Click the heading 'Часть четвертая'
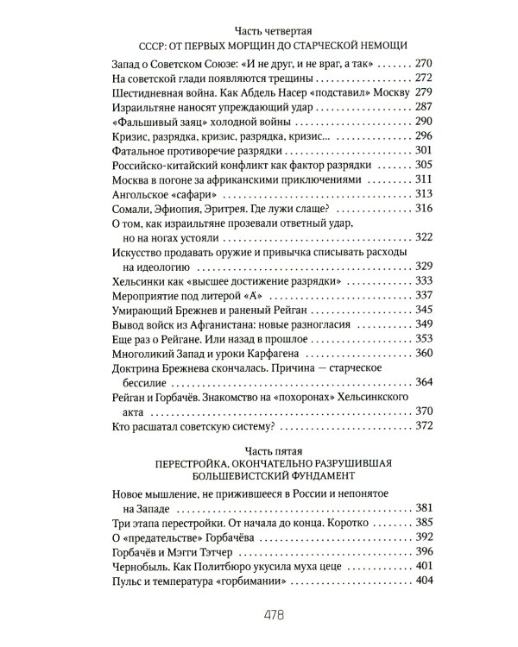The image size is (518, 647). click(258, 31)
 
